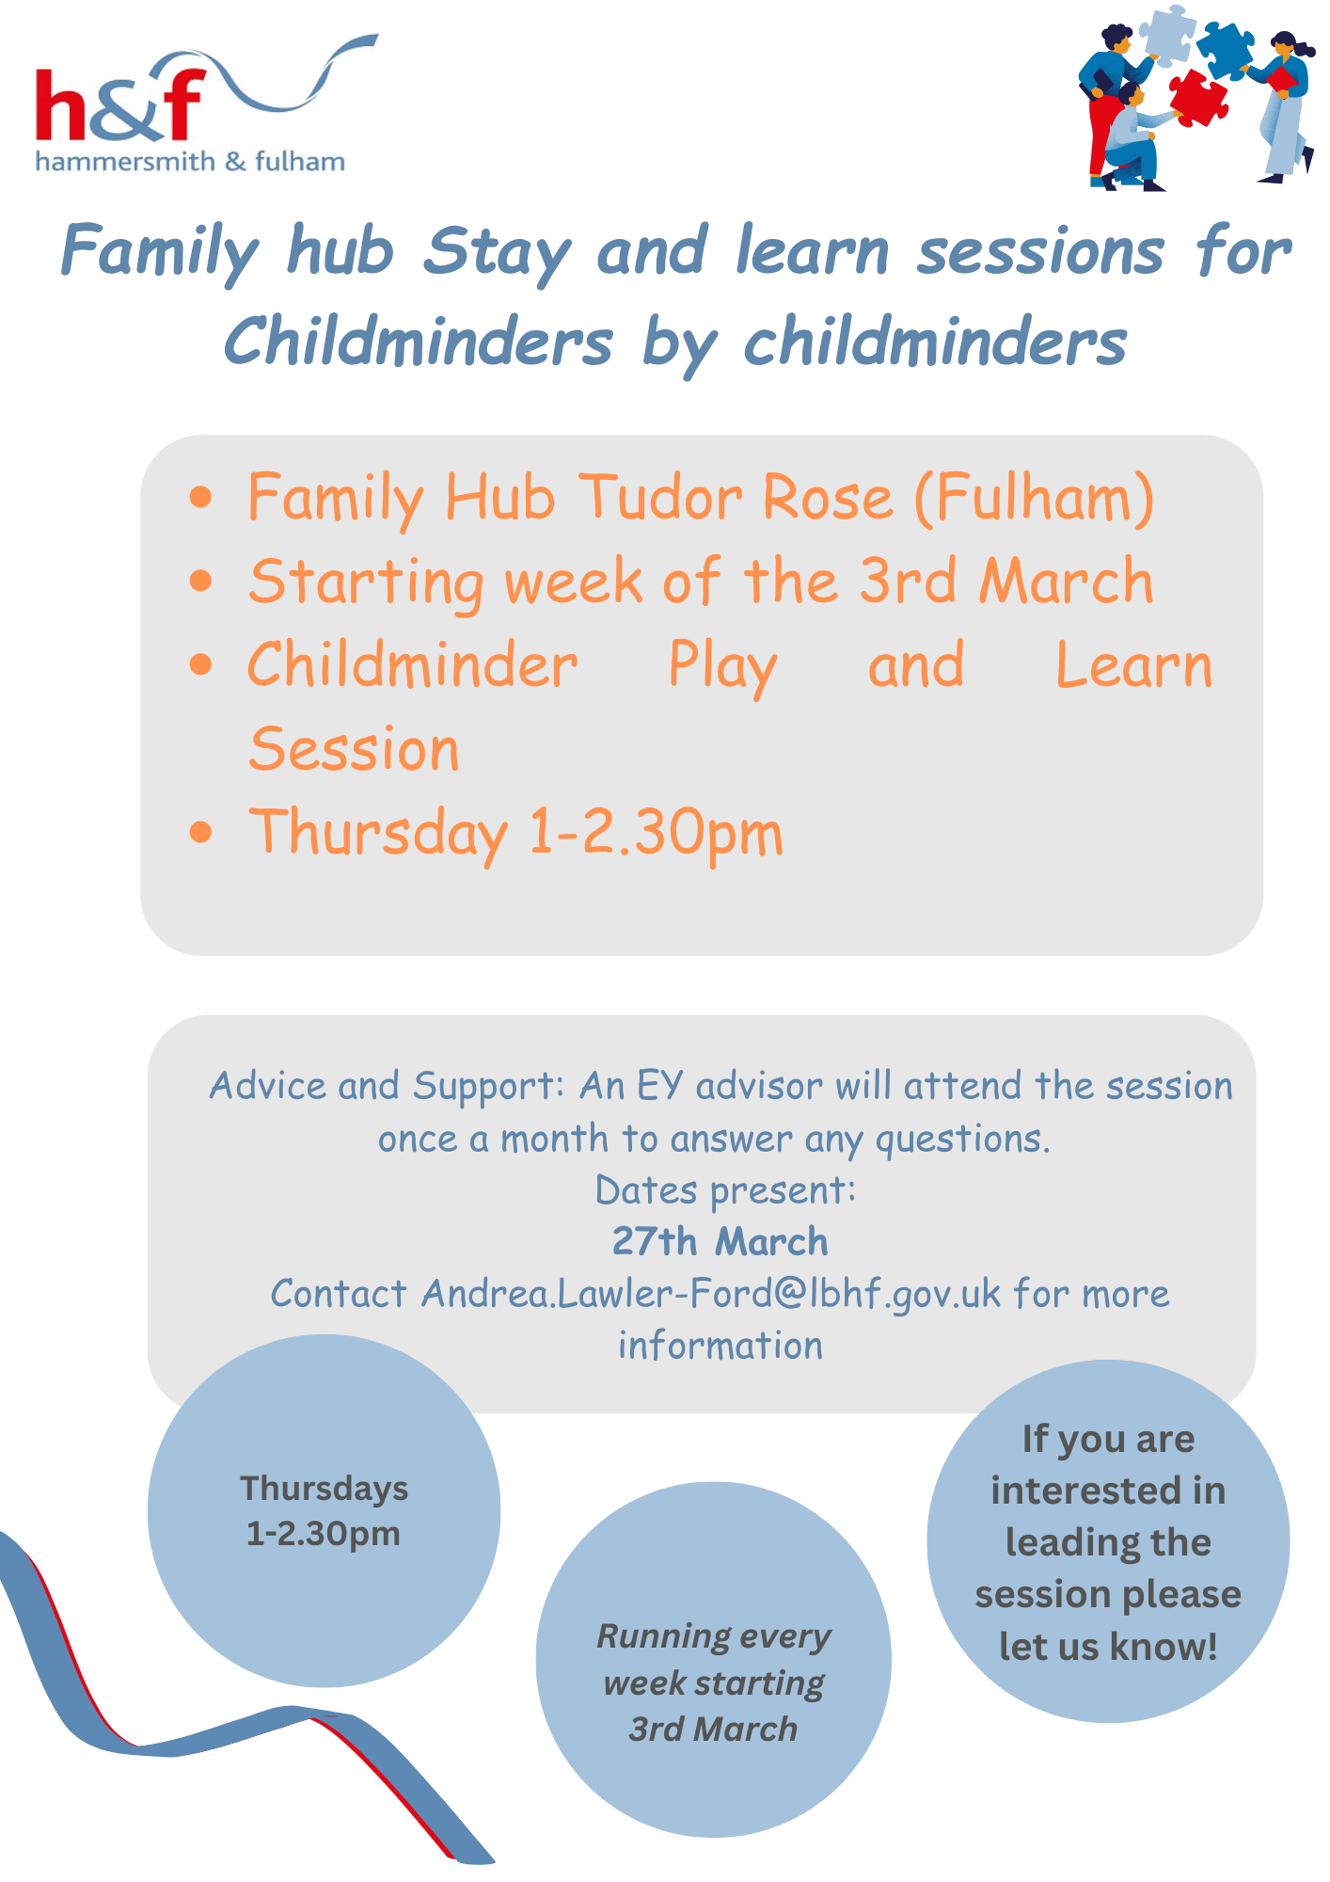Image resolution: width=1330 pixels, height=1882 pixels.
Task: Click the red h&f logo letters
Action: pyautogui.click(x=119, y=105)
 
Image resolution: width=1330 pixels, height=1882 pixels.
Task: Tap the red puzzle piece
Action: pyautogui.click(x=1198, y=97)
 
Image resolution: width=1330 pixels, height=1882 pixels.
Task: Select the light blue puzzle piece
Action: pyautogui.click(x=1166, y=35)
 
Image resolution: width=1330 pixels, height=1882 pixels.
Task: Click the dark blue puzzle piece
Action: pyautogui.click(x=1225, y=49)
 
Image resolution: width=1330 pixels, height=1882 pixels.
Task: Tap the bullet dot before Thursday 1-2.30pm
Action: pyautogui.click(x=200, y=833)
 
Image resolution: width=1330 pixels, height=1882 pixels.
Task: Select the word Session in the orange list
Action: pyautogui.click(x=354, y=749)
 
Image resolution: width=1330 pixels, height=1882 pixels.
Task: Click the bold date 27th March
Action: pyautogui.click(x=720, y=1242)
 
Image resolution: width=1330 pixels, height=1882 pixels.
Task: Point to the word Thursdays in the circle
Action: pyautogui.click(x=324, y=1490)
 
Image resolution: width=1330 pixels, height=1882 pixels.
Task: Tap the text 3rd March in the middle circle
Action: pyautogui.click(x=713, y=1730)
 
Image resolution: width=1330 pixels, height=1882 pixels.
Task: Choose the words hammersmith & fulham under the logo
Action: pyautogui.click(x=190, y=162)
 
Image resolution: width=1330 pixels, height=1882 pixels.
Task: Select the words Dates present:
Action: pyautogui.click(x=725, y=1191)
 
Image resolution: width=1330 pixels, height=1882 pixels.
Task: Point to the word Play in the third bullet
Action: pyautogui.click(x=722, y=667)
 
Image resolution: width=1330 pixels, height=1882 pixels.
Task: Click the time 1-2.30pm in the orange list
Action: pyautogui.click(x=656, y=834)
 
